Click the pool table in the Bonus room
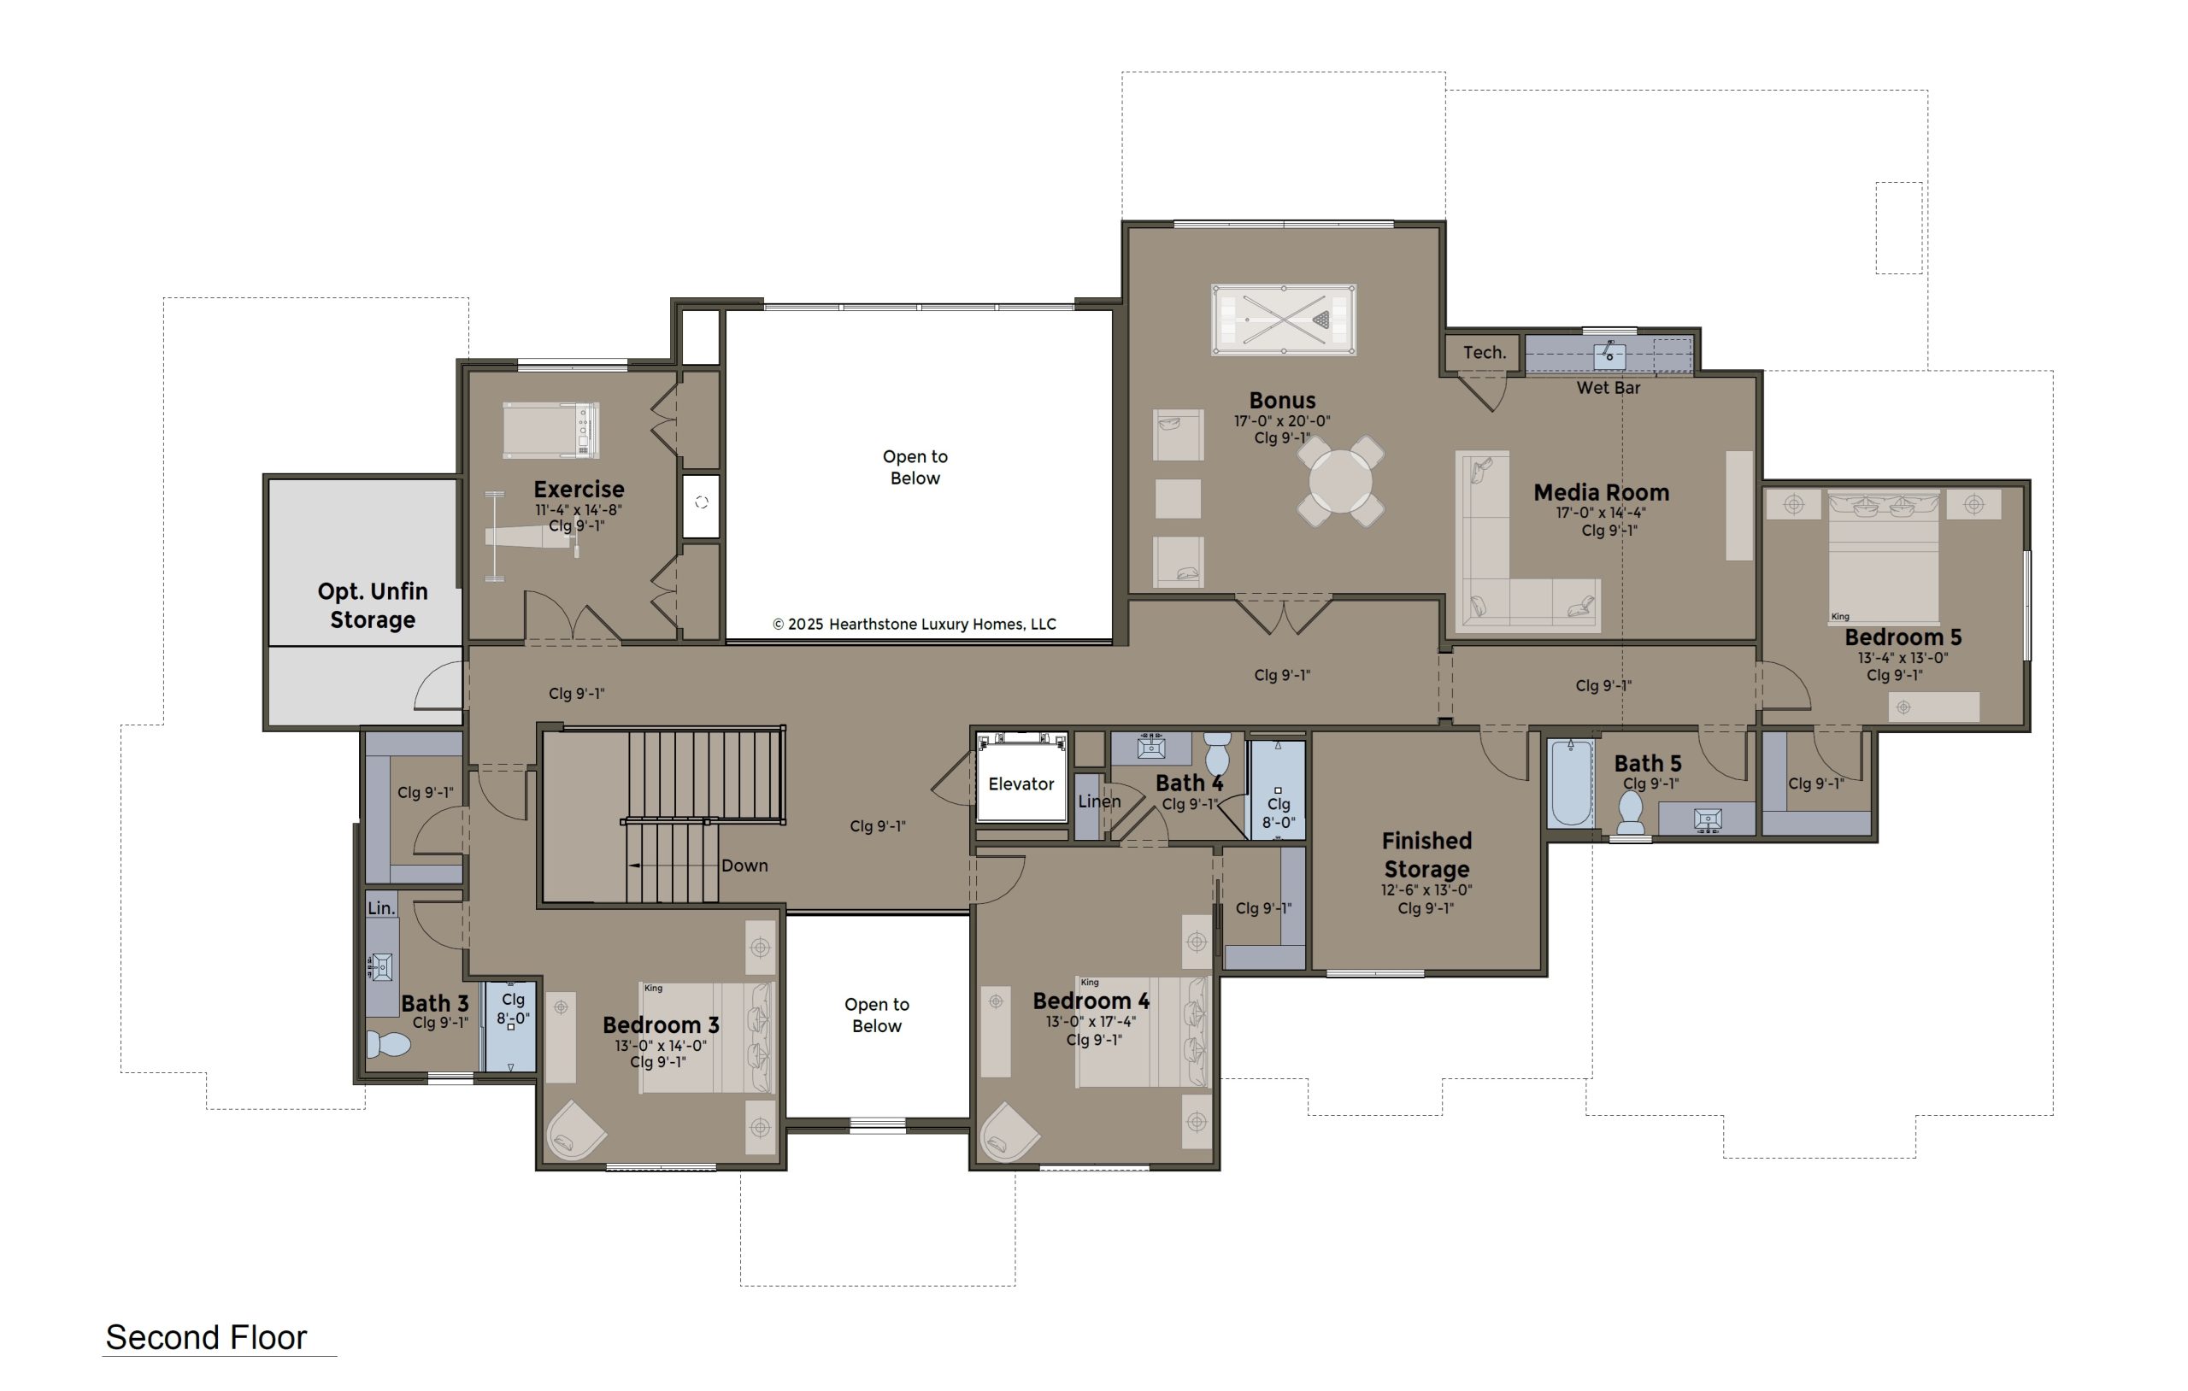pos(1283,320)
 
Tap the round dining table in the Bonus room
pos(1340,482)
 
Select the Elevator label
pos(1021,784)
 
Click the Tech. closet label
pos(1484,353)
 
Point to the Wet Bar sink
pos(1609,355)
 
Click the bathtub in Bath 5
pos(1571,784)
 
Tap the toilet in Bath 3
pos(388,1044)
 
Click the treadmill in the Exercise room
pos(550,431)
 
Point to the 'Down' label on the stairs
pos(744,866)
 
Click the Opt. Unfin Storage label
pos(373,605)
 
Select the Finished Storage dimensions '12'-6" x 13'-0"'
pos(1426,890)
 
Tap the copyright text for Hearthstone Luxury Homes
pos(915,625)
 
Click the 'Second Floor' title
pos(206,1337)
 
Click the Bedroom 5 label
pos(1903,637)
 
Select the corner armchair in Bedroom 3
pos(574,1130)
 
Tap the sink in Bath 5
pos(1708,819)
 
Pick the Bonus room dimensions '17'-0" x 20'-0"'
pos(1282,421)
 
